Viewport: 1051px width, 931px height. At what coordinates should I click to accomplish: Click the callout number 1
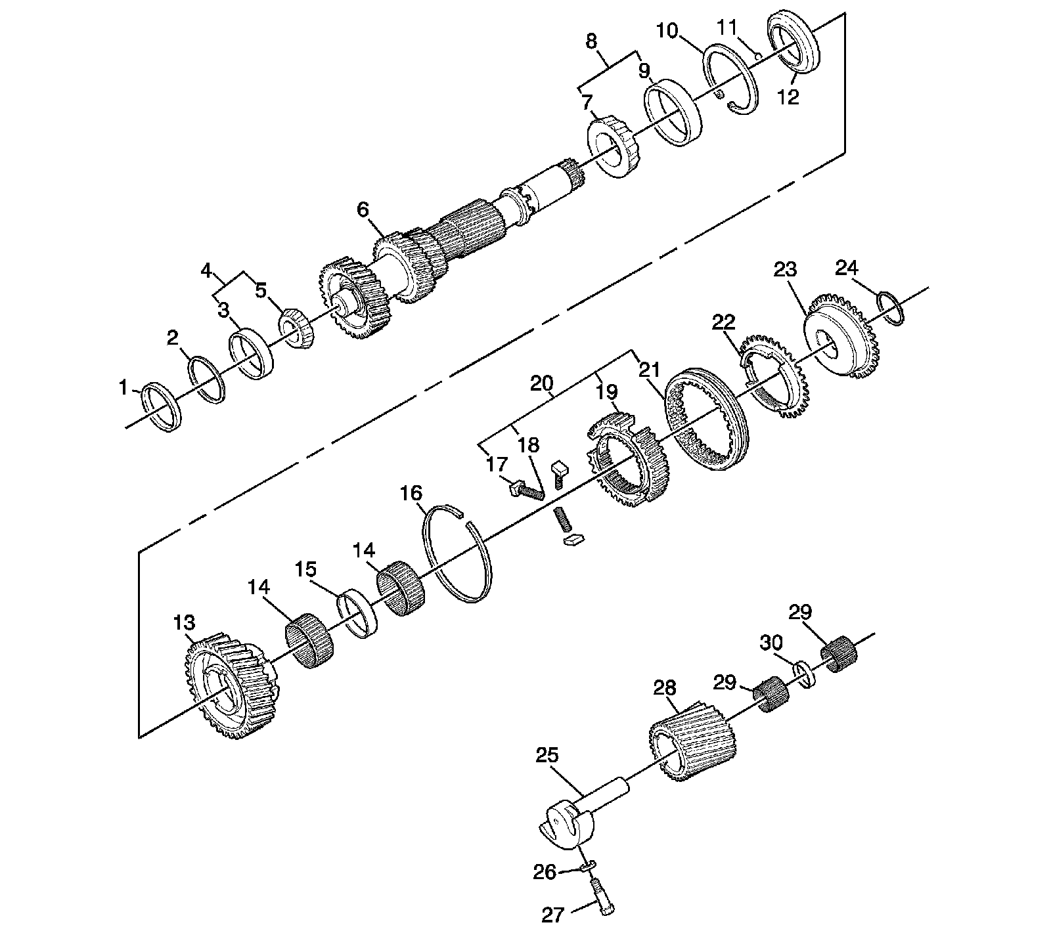(x=123, y=389)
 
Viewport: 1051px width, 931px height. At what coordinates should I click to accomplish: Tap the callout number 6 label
(x=363, y=210)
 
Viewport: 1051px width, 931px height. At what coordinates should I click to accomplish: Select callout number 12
(x=788, y=97)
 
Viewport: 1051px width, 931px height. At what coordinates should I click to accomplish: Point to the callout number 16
(x=412, y=493)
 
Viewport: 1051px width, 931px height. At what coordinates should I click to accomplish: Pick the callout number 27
(x=552, y=914)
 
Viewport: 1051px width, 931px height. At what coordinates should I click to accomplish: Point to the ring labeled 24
(x=892, y=308)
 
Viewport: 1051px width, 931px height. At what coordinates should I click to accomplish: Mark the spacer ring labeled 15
(x=358, y=613)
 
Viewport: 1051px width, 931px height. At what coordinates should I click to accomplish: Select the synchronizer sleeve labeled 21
(x=706, y=420)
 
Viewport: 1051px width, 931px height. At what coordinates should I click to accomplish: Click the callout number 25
(x=547, y=755)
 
